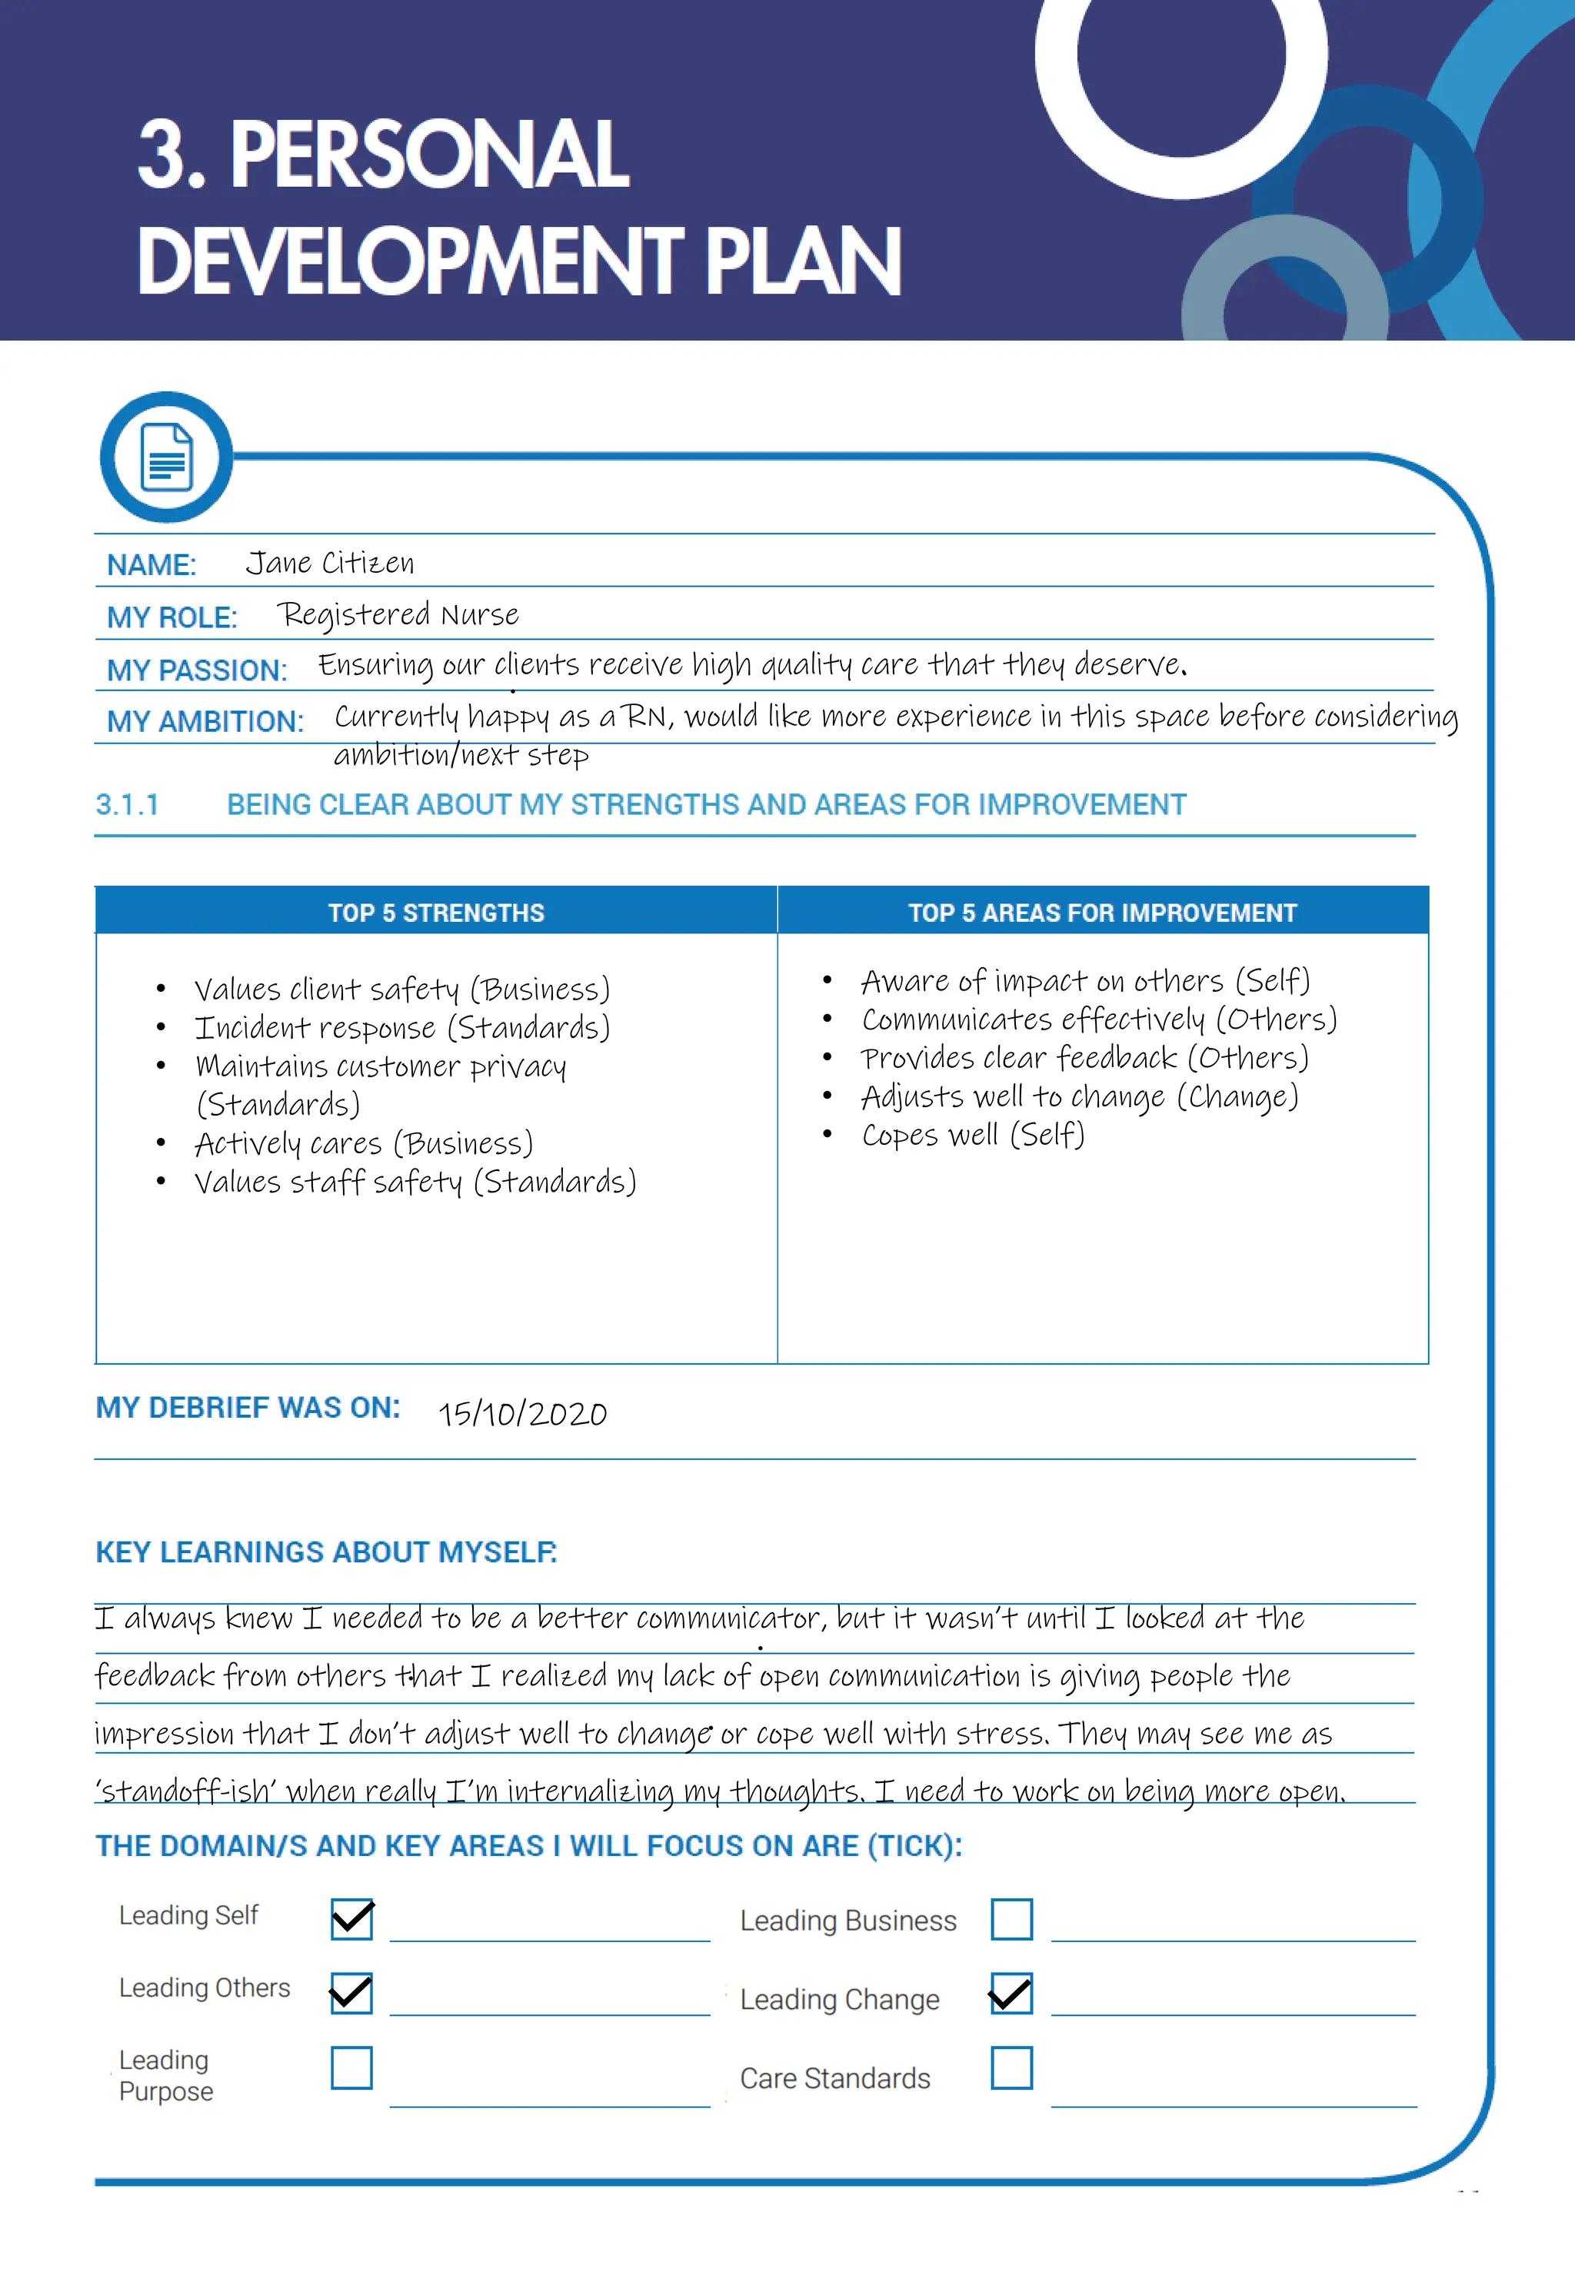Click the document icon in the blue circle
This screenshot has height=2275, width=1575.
[x=167, y=457]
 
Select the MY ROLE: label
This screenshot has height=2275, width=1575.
[x=171, y=617]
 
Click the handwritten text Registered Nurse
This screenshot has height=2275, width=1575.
[x=398, y=614]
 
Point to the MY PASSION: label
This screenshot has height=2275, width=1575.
[x=196, y=670]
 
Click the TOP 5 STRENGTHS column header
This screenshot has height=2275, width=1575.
[x=435, y=913]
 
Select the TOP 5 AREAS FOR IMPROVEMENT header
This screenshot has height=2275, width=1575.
[x=1101, y=913]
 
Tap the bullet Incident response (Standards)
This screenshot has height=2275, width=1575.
[x=401, y=1028]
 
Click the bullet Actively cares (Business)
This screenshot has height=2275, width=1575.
[x=363, y=1143]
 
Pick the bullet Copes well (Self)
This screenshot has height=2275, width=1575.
[x=973, y=1135]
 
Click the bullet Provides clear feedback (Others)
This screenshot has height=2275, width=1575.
[x=1084, y=1058]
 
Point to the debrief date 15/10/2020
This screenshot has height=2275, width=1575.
[x=522, y=1414]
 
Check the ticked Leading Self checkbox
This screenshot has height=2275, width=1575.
[x=351, y=1919]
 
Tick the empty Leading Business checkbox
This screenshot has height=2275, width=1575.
[x=1011, y=1919]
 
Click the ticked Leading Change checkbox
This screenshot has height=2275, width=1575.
[x=1011, y=1994]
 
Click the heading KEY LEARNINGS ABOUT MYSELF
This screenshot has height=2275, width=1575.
[x=325, y=1552]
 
